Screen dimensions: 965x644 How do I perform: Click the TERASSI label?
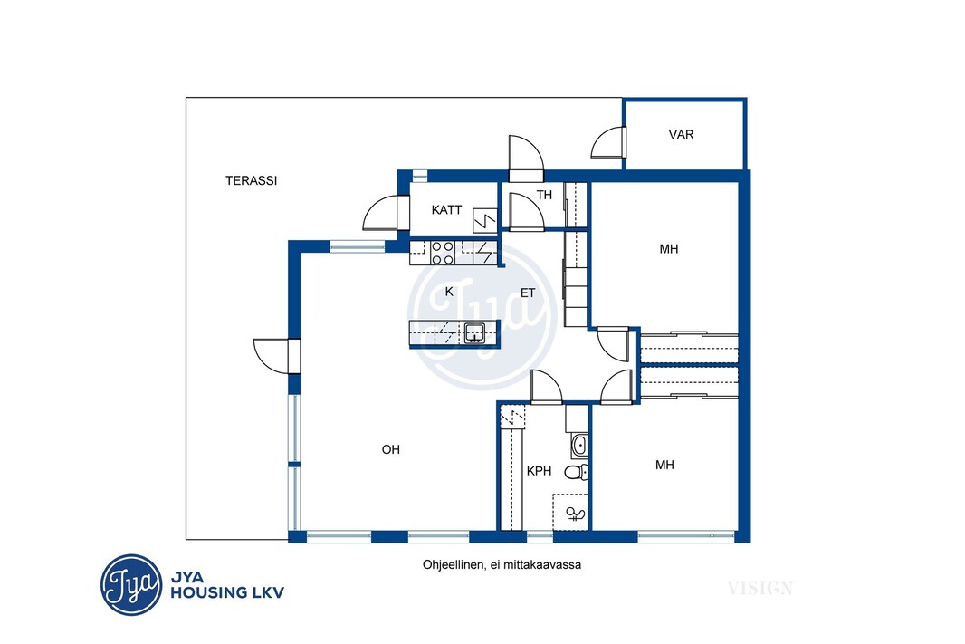(x=251, y=180)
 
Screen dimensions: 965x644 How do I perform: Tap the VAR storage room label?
(x=682, y=134)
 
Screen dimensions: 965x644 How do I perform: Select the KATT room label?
(x=446, y=210)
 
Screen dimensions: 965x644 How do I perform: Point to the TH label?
(x=544, y=195)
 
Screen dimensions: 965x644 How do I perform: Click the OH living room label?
(x=391, y=449)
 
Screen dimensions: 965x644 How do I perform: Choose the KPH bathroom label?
(x=540, y=471)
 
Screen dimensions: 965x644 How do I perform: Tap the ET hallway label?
(x=528, y=293)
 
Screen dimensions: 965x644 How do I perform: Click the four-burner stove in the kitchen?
(x=442, y=253)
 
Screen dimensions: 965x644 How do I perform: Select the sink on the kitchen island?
(x=474, y=332)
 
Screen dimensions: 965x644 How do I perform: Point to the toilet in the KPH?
(x=576, y=472)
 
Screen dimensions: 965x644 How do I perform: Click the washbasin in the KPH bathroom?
(x=578, y=446)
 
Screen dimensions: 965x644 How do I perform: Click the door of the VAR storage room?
(x=608, y=143)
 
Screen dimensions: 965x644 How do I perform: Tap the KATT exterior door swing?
(x=386, y=213)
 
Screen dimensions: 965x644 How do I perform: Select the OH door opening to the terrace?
(x=276, y=356)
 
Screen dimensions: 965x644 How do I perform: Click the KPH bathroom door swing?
(x=547, y=388)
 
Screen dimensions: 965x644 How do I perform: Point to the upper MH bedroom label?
(x=669, y=249)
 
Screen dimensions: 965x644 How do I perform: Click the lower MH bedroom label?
(x=664, y=465)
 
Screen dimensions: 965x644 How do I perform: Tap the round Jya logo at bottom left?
(x=131, y=584)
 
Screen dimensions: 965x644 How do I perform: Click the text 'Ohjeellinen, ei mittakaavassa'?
(x=502, y=564)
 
